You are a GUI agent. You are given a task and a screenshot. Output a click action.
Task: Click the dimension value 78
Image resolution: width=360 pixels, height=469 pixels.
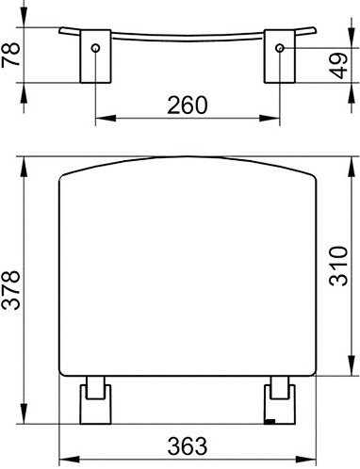tap(10, 55)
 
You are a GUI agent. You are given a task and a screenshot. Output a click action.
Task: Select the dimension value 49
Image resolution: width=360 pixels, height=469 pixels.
tap(338, 66)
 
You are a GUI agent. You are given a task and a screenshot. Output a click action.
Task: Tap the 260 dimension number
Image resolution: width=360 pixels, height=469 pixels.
tap(188, 105)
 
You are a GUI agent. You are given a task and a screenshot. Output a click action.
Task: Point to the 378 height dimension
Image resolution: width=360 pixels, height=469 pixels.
tap(10, 290)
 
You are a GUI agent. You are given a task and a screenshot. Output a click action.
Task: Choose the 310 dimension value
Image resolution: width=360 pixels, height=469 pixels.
tap(338, 267)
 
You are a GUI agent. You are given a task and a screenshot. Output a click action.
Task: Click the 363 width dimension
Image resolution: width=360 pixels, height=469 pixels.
tap(188, 445)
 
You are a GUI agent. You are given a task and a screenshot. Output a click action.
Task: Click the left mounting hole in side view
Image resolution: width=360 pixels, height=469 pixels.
tap(95, 48)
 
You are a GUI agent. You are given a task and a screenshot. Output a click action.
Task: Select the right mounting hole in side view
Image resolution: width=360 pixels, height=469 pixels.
tap(280, 48)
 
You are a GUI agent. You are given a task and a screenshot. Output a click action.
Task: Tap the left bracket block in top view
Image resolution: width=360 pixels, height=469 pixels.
tap(95, 57)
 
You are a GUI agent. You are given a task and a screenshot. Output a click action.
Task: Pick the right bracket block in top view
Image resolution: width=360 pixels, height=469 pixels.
tap(280, 57)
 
